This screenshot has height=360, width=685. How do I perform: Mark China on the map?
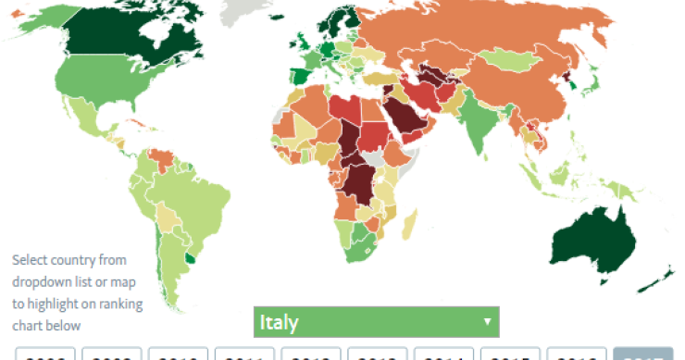coord(518,88)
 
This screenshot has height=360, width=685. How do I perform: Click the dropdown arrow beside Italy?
coord(486,322)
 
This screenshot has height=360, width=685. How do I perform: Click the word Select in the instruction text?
coord(29,260)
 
